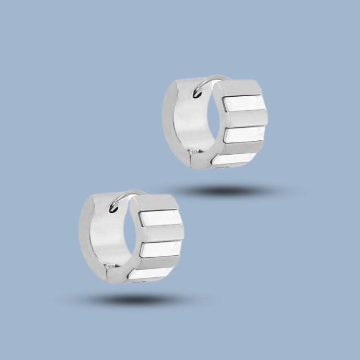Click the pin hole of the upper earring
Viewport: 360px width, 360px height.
pos(197,94)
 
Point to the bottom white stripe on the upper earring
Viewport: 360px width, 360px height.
pos(234,158)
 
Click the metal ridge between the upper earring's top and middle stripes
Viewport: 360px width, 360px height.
pos(247,118)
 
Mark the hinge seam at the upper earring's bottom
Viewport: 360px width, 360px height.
pos(193,155)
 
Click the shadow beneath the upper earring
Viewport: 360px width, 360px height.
pos(225,191)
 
